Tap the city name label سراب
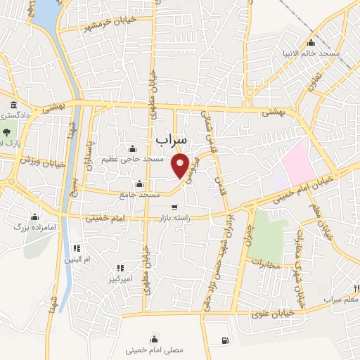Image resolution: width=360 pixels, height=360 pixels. (172, 141)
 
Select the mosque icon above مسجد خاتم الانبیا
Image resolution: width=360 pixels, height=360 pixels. (311, 42)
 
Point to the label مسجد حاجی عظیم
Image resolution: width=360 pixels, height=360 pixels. (132, 159)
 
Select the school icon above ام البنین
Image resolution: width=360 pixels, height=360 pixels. (77, 248)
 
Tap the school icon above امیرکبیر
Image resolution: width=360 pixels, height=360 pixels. (121, 268)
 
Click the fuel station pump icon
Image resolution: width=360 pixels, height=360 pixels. (224, 341)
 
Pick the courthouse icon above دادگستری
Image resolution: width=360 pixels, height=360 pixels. (14, 106)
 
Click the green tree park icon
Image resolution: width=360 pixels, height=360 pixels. (6, 131)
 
